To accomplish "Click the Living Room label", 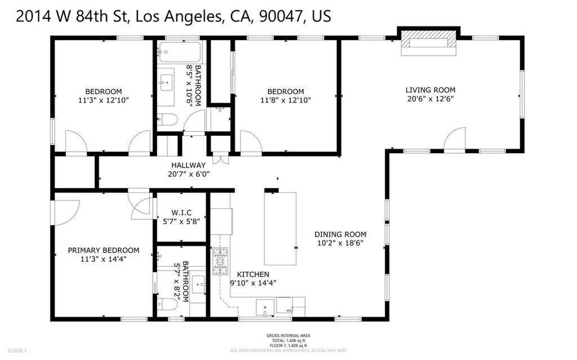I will click(x=430, y=90).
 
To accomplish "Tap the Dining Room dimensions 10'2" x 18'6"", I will click(x=340, y=243).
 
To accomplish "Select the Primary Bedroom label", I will click(x=103, y=250).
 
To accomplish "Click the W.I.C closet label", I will click(x=181, y=212).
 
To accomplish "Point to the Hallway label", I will click(x=188, y=165).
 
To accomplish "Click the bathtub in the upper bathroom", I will click(x=179, y=52).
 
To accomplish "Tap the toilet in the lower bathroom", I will click(x=167, y=305).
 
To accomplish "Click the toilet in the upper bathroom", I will click(x=167, y=119).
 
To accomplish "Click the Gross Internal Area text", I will click(x=288, y=336).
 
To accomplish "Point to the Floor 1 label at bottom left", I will click(x=17, y=351).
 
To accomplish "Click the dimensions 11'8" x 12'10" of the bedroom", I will click(x=285, y=100).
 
